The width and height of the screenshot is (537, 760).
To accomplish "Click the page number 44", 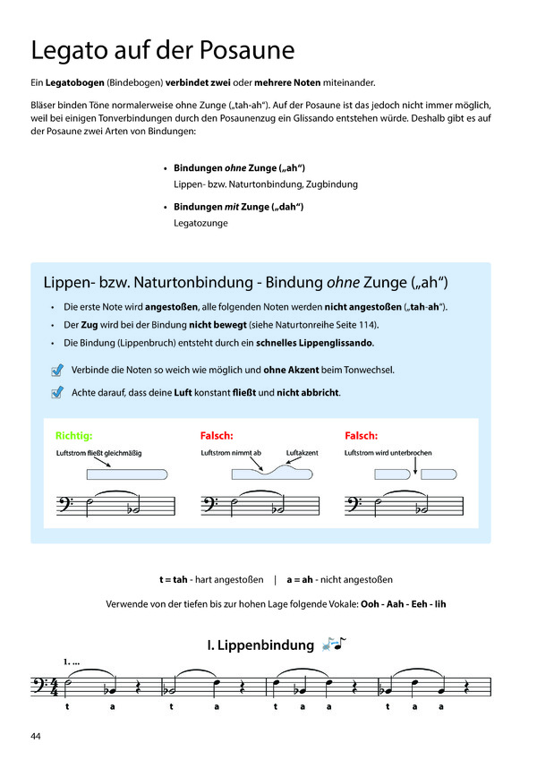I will pyautogui.click(x=36, y=736).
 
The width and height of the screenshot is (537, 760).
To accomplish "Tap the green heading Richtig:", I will pyautogui.click(x=73, y=436).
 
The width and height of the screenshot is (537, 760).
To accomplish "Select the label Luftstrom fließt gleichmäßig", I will pyautogui.click(x=98, y=453).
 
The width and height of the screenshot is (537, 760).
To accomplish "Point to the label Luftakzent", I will pyautogui.click(x=302, y=453).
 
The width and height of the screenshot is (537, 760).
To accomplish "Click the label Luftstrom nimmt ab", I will pyautogui.click(x=231, y=453).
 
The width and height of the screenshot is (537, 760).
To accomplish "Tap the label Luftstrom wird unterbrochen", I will pyautogui.click(x=388, y=453).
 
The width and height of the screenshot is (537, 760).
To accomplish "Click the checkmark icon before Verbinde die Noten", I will pyautogui.click(x=58, y=370).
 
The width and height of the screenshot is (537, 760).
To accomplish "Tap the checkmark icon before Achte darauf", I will pyautogui.click(x=58, y=392).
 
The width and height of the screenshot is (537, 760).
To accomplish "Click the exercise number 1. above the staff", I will pyautogui.click(x=68, y=662).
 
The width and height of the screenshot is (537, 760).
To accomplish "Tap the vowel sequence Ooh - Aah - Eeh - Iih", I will pyautogui.click(x=403, y=604).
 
